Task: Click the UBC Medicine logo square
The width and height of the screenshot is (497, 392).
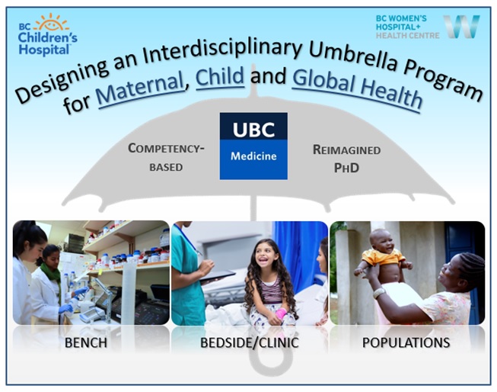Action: coord(253,146)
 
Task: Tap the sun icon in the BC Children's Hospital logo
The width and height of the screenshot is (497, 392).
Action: coord(51,23)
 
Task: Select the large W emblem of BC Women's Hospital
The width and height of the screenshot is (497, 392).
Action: coord(461,27)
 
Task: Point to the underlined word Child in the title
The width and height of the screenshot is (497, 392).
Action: coord(220,77)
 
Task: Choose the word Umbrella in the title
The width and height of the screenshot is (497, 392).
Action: coord(352,58)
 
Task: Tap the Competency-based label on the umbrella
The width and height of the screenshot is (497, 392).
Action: coord(166,157)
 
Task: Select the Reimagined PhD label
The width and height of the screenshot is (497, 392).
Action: coord(347,159)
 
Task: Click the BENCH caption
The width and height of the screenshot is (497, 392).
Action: coord(86,342)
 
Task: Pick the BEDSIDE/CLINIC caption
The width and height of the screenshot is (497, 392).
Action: coord(250,342)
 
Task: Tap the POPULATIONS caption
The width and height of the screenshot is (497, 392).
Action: coord(406,342)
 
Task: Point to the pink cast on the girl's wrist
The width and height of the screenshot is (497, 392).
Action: coord(281,313)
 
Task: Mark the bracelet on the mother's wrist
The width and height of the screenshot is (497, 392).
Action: coord(378,293)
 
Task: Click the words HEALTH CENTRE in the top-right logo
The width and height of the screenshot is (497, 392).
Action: coord(408,36)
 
